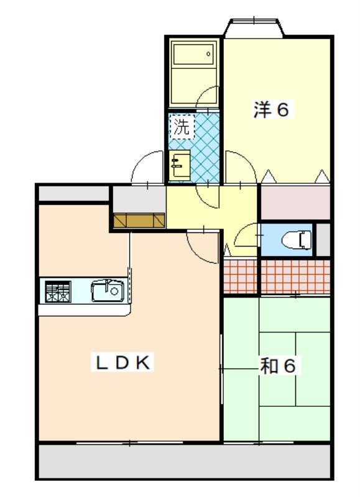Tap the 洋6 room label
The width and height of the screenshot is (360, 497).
271,110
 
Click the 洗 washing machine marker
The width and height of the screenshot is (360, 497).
182,127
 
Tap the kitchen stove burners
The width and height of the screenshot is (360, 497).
57,291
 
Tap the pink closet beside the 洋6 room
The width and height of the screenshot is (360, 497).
294,203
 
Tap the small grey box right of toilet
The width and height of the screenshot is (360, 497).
323,239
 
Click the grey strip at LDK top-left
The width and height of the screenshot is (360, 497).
73,193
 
